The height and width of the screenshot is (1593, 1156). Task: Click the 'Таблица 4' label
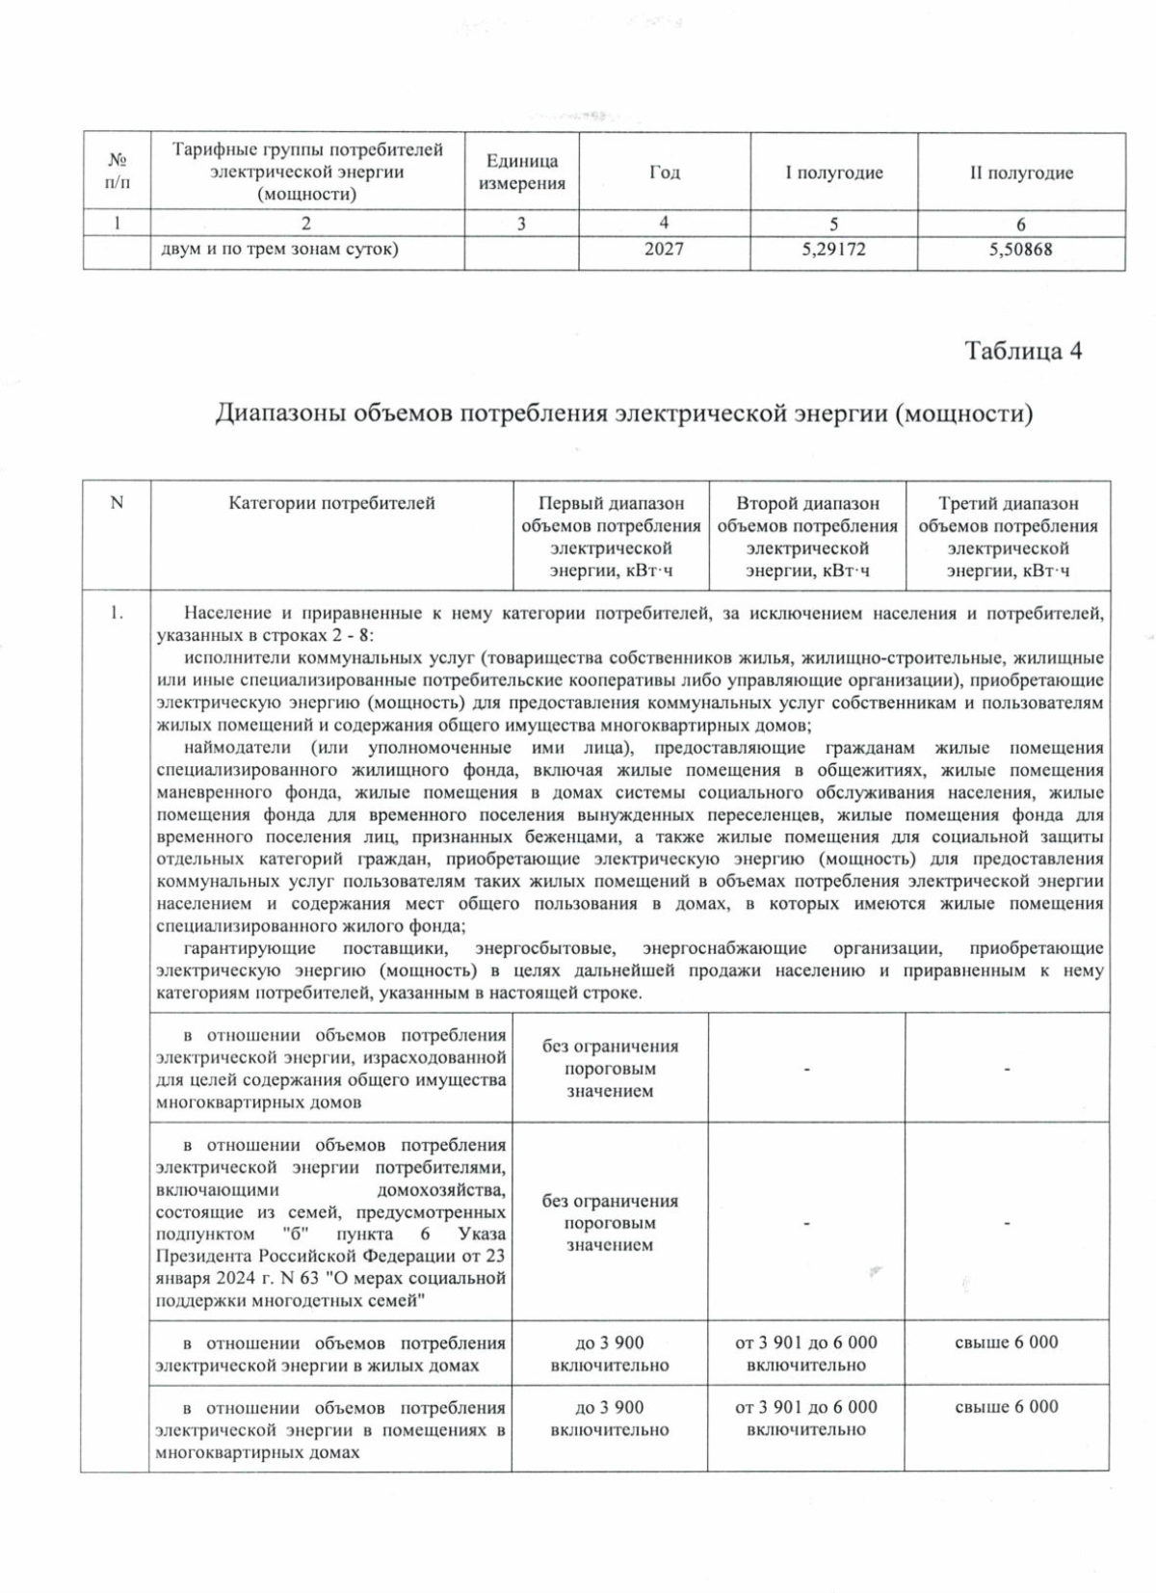pos(1023,351)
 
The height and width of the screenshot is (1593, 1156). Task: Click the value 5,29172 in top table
pos(833,250)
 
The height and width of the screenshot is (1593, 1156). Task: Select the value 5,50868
pos(1021,250)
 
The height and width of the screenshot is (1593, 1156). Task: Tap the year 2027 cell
pos(664,250)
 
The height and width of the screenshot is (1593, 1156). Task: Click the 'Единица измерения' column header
pos(521,173)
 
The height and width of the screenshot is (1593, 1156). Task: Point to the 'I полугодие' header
pos(834,173)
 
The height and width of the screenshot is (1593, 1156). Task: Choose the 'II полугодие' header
pos(1021,173)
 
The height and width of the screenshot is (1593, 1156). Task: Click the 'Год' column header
pos(664,173)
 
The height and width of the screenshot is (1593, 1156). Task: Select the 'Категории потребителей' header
pos(331,503)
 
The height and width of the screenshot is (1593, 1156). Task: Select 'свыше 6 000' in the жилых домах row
pos(1007,1342)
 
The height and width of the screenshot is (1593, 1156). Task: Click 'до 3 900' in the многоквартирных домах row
pos(610,1408)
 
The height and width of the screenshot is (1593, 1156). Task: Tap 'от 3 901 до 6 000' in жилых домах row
pos(806,1342)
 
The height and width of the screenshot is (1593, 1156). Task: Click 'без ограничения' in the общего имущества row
pos(610,1047)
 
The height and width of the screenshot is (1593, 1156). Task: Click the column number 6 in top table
pos(1021,225)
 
